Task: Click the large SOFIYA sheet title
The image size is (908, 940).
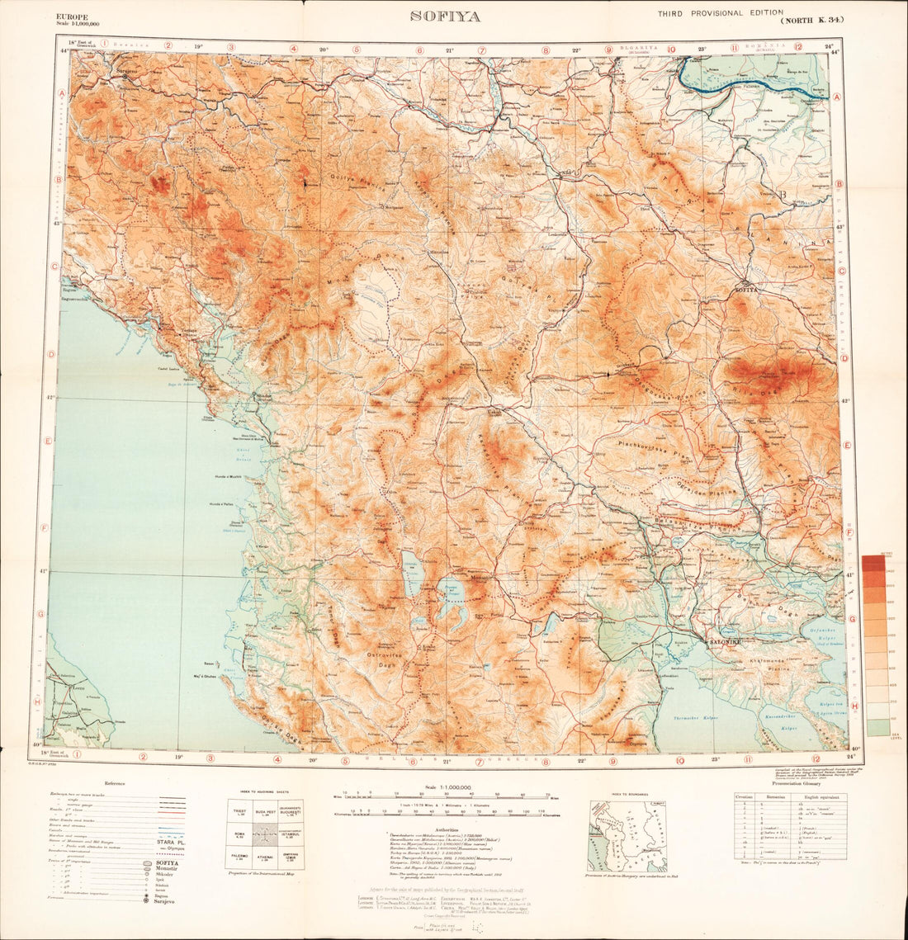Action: pos(445,17)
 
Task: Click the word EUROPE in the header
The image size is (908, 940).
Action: pos(72,16)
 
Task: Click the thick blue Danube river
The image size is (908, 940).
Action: pos(743,78)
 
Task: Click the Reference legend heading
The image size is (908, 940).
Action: pos(116,783)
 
